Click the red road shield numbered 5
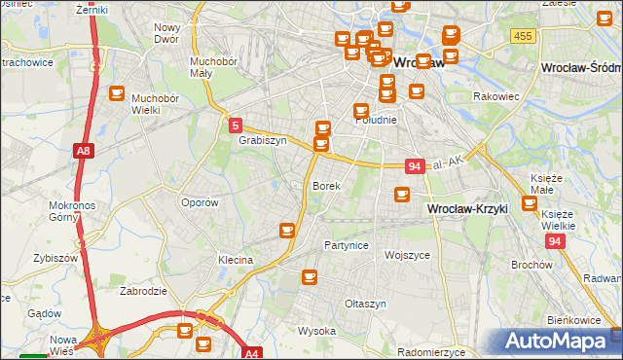click(x=236, y=125)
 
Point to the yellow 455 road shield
click(x=523, y=36)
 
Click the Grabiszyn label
click(x=262, y=140)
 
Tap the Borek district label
click(x=325, y=185)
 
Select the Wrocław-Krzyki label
click(x=468, y=209)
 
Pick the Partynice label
click(x=347, y=245)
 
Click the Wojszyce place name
click(x=407, y=254)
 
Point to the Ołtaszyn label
click(x=366, y=304)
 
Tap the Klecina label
click(x=236, y=260)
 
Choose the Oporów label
click(x=200, y=202)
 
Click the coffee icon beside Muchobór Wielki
click(x=117, y=94)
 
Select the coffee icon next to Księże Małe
click(x=530, y=203)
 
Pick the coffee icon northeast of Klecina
click(x=287, y=230)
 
